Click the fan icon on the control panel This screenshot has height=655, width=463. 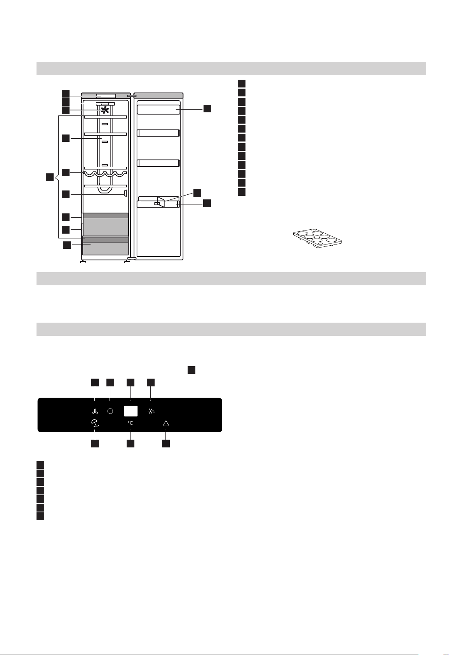point(95,412)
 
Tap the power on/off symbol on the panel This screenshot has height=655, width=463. point(110,412)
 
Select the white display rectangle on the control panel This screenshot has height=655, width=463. point(131,411)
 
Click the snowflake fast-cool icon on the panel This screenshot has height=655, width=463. point(151,412)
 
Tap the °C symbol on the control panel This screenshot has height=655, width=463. point(130,423)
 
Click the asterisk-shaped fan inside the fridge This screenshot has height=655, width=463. point(104,110)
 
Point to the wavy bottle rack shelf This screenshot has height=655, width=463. point(105,173)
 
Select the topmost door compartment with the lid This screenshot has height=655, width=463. point(159,109)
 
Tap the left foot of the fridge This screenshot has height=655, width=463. point(82,262)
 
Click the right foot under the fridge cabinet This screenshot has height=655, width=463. point(127,262)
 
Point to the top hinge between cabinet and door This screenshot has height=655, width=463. point(131,95)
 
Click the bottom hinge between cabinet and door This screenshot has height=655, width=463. point(131,258)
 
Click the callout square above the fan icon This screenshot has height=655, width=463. point(95,383)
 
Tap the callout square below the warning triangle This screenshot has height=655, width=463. point(166,443)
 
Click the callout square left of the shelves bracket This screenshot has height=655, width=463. point(49,178)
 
